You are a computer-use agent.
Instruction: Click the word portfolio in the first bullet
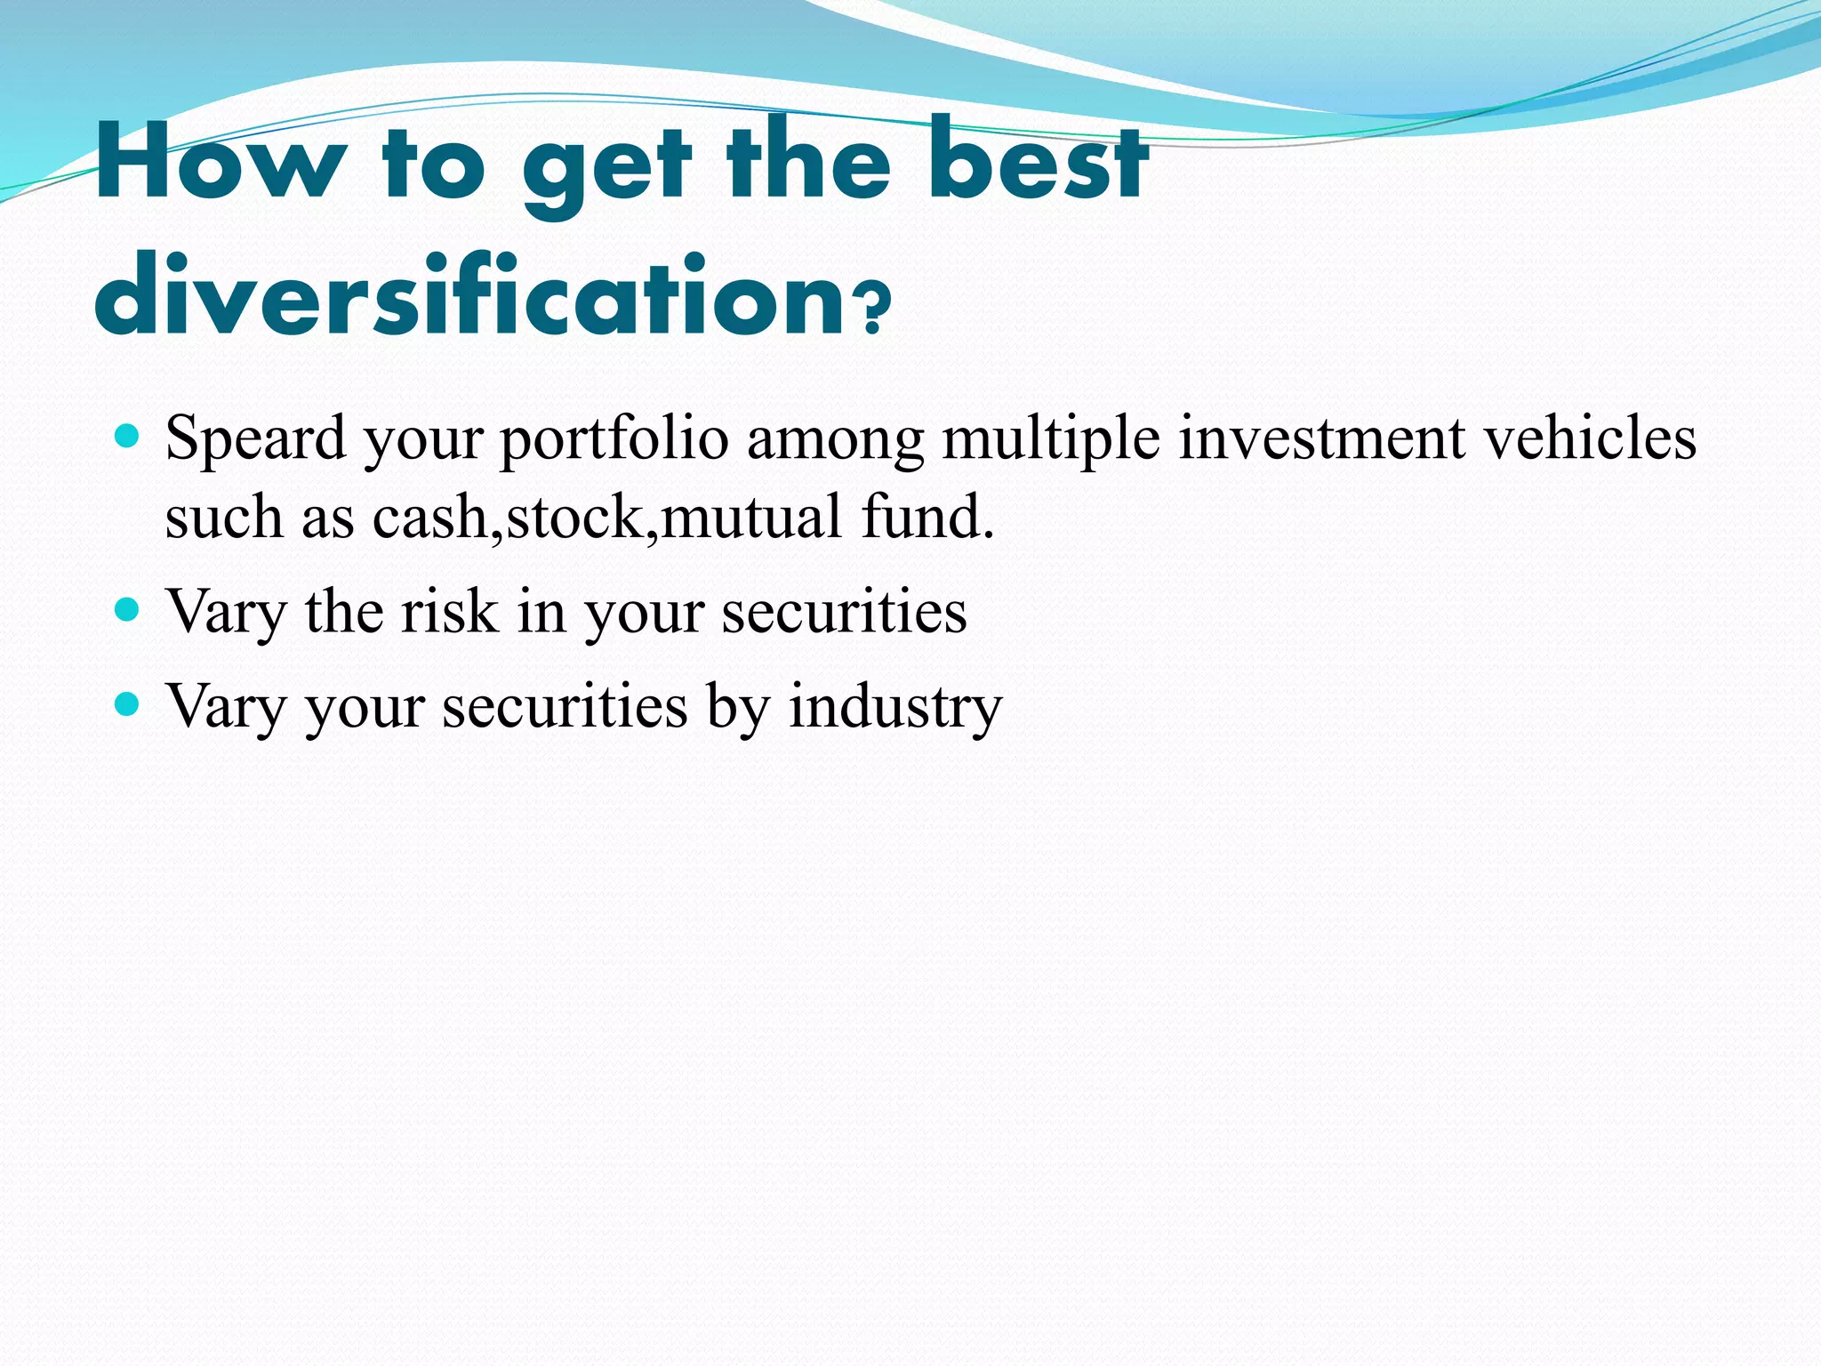click(614, 439)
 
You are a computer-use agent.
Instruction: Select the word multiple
click(1050, 439)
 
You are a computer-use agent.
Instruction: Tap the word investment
click(1321, 439)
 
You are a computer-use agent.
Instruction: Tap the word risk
click(450, 611)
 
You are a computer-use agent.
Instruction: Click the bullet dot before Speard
click(128, 436)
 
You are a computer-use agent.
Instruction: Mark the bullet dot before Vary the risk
click(128, 609)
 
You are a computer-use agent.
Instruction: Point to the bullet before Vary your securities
click(128, 704)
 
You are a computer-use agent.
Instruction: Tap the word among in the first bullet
click(835, 439)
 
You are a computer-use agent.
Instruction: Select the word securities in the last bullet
click(565, 707)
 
